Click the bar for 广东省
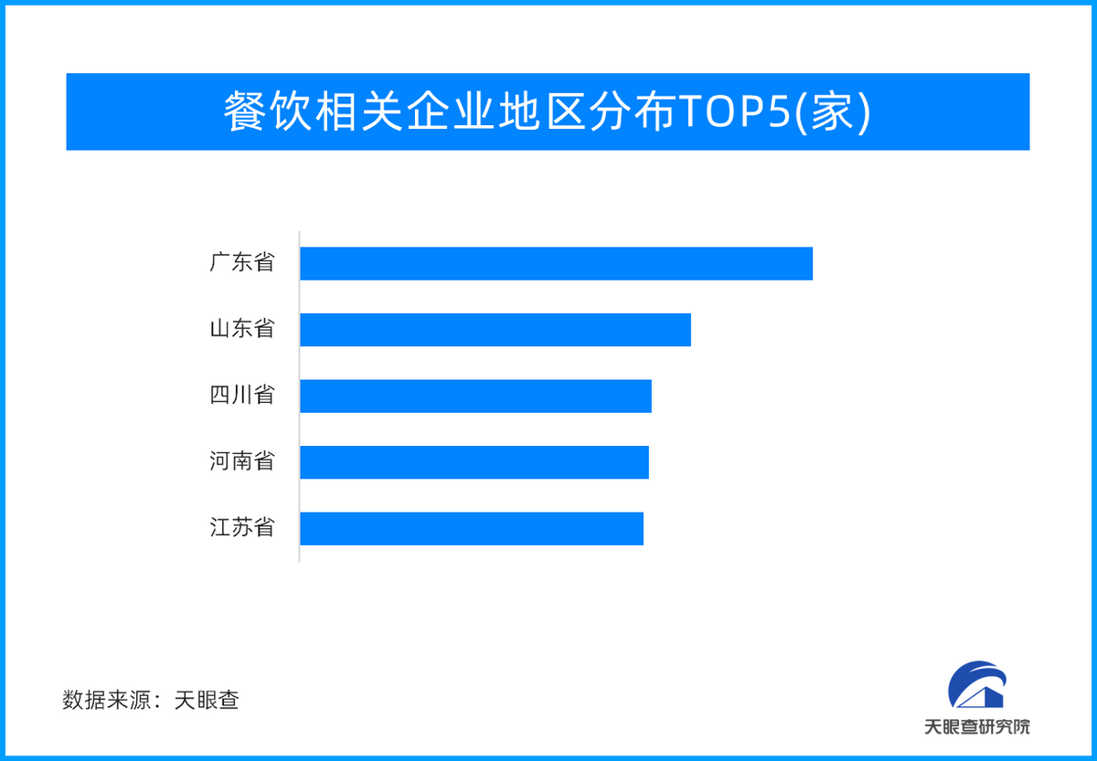point(557,264)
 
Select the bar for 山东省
point(495,330)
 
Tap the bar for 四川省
point(476,396)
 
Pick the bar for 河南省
point(474,462)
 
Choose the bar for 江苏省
point(472,529)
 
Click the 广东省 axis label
point(242,262)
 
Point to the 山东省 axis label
point(242,328)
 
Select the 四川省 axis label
point(242,395)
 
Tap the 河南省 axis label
point(242,461)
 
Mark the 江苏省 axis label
point(242,527)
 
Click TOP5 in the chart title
point(735,112)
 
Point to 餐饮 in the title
point(267,111)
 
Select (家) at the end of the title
point(833,112)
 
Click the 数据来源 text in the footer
point(106,700)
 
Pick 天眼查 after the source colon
point(207,700)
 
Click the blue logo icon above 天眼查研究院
point(977,684)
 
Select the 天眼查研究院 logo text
point(977,727)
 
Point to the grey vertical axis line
point(299,396)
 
